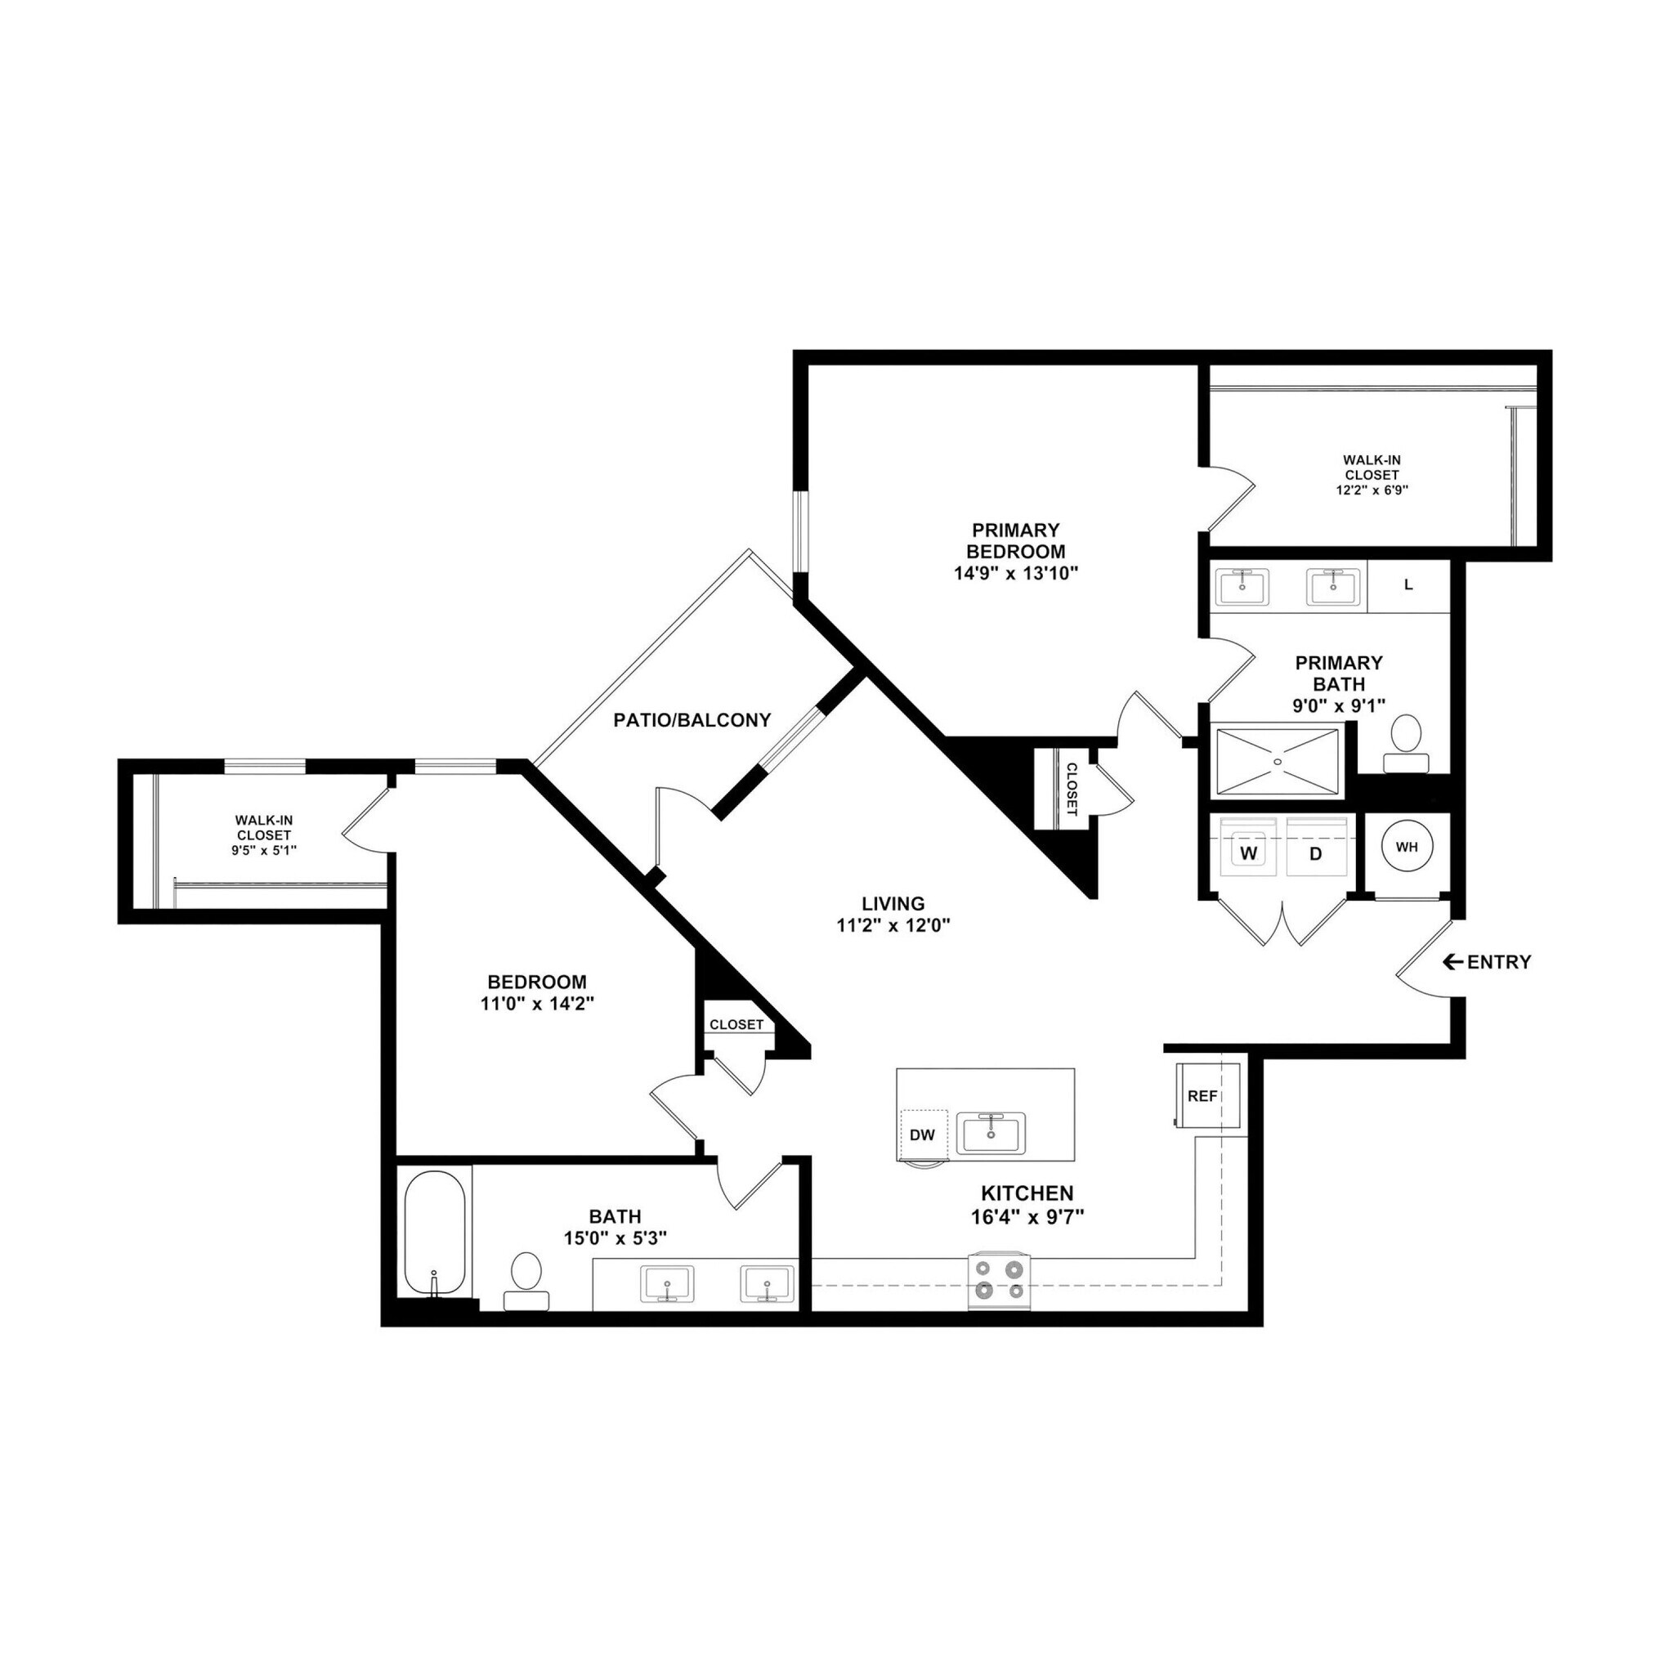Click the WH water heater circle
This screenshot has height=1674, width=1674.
coord(1406,847)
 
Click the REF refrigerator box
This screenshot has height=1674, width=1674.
coord(1203,1095)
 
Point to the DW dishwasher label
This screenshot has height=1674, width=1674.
coord(923,1135)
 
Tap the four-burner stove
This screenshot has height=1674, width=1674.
coord(1000,1281)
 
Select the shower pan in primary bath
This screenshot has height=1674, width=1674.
coord(1278,761)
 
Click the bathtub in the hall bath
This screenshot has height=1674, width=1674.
coord(435,1233)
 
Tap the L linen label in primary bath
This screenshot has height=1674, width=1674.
coord(1408,585)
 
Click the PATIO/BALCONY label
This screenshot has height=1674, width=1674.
coord(692,720)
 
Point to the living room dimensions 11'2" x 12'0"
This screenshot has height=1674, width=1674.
coord(893,924)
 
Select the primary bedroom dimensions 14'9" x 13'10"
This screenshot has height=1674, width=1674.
coord(1015,573)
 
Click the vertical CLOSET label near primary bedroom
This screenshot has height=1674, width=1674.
coord(1071,790)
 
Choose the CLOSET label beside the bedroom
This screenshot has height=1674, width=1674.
coord(736,1024)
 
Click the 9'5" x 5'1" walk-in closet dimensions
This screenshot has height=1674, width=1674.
coord(264,850)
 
